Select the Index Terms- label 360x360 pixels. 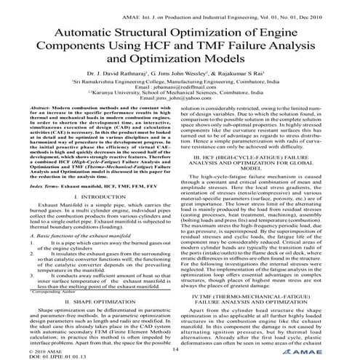click(x=36, y=186)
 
